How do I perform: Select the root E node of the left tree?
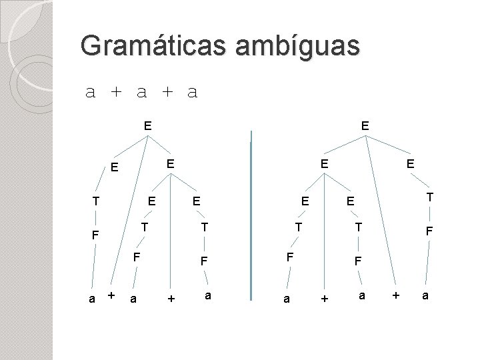147,124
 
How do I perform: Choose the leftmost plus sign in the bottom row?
111,295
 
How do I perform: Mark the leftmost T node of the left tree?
96,200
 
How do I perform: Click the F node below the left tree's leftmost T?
96,235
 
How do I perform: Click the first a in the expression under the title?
91,93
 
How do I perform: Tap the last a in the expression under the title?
193,93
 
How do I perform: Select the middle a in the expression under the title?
141,93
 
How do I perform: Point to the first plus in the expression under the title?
116,93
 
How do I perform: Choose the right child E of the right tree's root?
411,163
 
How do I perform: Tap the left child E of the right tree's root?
323,163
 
